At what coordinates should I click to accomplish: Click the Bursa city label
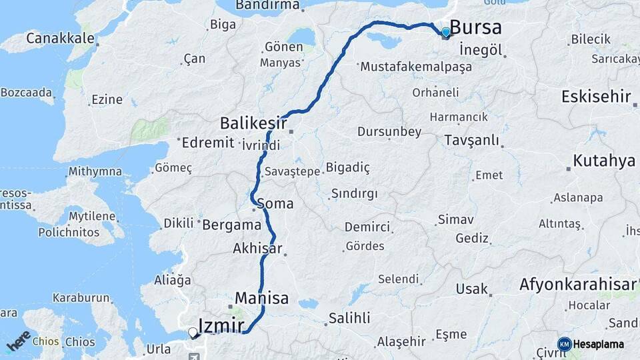476,27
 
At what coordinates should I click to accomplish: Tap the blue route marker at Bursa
445,31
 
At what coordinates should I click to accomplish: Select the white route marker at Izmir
193,331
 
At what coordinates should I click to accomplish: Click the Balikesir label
253,123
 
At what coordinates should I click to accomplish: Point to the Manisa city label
261,298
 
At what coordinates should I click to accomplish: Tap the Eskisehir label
596,97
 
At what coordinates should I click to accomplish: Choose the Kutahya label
604,161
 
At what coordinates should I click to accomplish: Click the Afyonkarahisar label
578,285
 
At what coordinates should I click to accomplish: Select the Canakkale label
60,38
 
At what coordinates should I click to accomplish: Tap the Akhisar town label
258,249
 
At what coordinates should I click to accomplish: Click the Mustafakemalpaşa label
415,67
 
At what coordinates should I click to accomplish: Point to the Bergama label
231,225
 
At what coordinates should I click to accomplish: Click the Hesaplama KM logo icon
564,344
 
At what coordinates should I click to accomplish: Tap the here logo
19,341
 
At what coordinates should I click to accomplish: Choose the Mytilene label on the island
93,217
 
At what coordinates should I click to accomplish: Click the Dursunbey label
389,132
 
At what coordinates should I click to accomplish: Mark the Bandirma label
267,5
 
